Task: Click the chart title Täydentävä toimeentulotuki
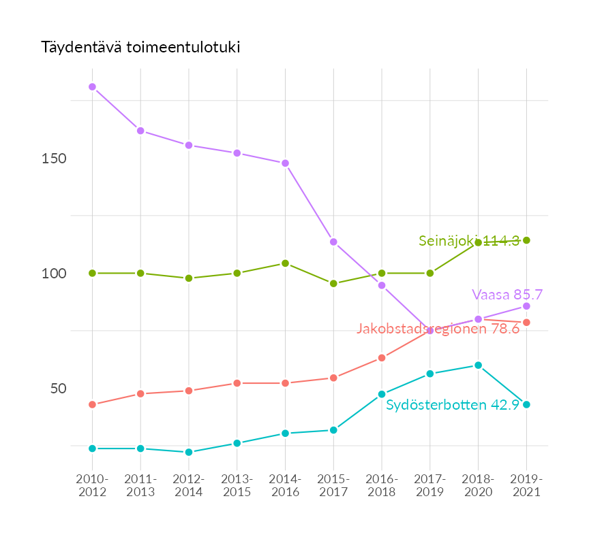click(140, 48)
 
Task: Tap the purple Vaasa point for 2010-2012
click(92, 87)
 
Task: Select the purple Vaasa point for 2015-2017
click(333, 242)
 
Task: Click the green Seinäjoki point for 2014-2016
click(285, 263)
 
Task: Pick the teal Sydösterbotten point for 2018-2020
click(478, 365)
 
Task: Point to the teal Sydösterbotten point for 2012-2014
click(189, 452)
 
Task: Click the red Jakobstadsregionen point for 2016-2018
click(382, 358)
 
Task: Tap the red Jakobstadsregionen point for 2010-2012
click(92, 405)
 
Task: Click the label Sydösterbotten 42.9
click(453, 405)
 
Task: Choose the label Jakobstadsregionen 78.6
click(438, 329)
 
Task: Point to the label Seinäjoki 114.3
click(469, 240)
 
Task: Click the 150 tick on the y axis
click(54, 159)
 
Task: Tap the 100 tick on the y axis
click(54, 274)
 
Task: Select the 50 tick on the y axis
click(57, 389)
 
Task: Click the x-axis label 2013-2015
click(237, 485)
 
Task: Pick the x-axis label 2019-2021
click(526, 485)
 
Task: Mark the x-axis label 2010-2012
click(92, 485)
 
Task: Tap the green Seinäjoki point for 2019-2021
click(526, 240)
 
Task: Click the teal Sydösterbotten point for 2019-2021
click(526, 405)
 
